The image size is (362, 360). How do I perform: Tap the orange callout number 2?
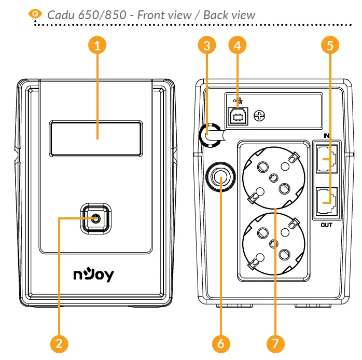(59, 343)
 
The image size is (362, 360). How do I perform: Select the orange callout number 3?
(207, 45)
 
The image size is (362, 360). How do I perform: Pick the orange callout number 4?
(237, 45)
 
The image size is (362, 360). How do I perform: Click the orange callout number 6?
(221, 343)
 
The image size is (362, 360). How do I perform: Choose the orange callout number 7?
(275, 343)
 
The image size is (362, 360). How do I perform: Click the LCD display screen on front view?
(96, 137)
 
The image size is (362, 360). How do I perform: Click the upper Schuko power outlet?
(273, 176)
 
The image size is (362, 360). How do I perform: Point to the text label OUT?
(326, 225)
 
